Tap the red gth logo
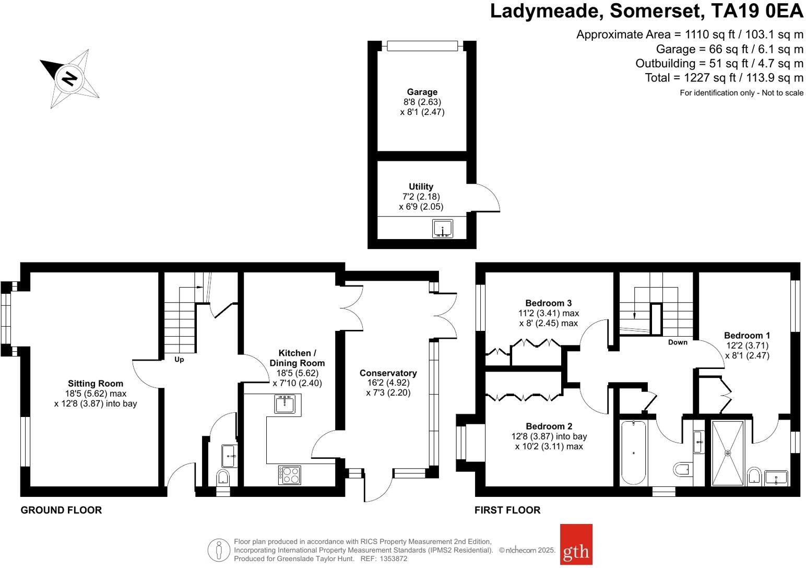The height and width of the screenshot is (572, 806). (576, 544)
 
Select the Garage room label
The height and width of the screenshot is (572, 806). (422, 92)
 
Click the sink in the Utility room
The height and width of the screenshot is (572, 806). (443, 229)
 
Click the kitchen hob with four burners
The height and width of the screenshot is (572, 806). (290, 474)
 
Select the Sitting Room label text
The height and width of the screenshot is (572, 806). (96, 384)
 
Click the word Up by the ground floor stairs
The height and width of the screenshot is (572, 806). (179, 360)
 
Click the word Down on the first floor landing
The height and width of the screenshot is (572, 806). (678, 342)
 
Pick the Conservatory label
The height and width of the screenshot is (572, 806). (388, 373)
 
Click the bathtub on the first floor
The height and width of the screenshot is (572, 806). (633, 452)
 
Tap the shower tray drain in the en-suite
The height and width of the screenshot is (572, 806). (727, 453)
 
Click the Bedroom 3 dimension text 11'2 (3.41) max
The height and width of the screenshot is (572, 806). (548, 313)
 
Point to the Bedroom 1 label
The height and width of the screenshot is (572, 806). (746, 336)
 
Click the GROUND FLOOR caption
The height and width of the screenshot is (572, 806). (61, 510)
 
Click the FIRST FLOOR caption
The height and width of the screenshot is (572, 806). (507, 510)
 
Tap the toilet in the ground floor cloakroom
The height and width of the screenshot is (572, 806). (223, 477)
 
